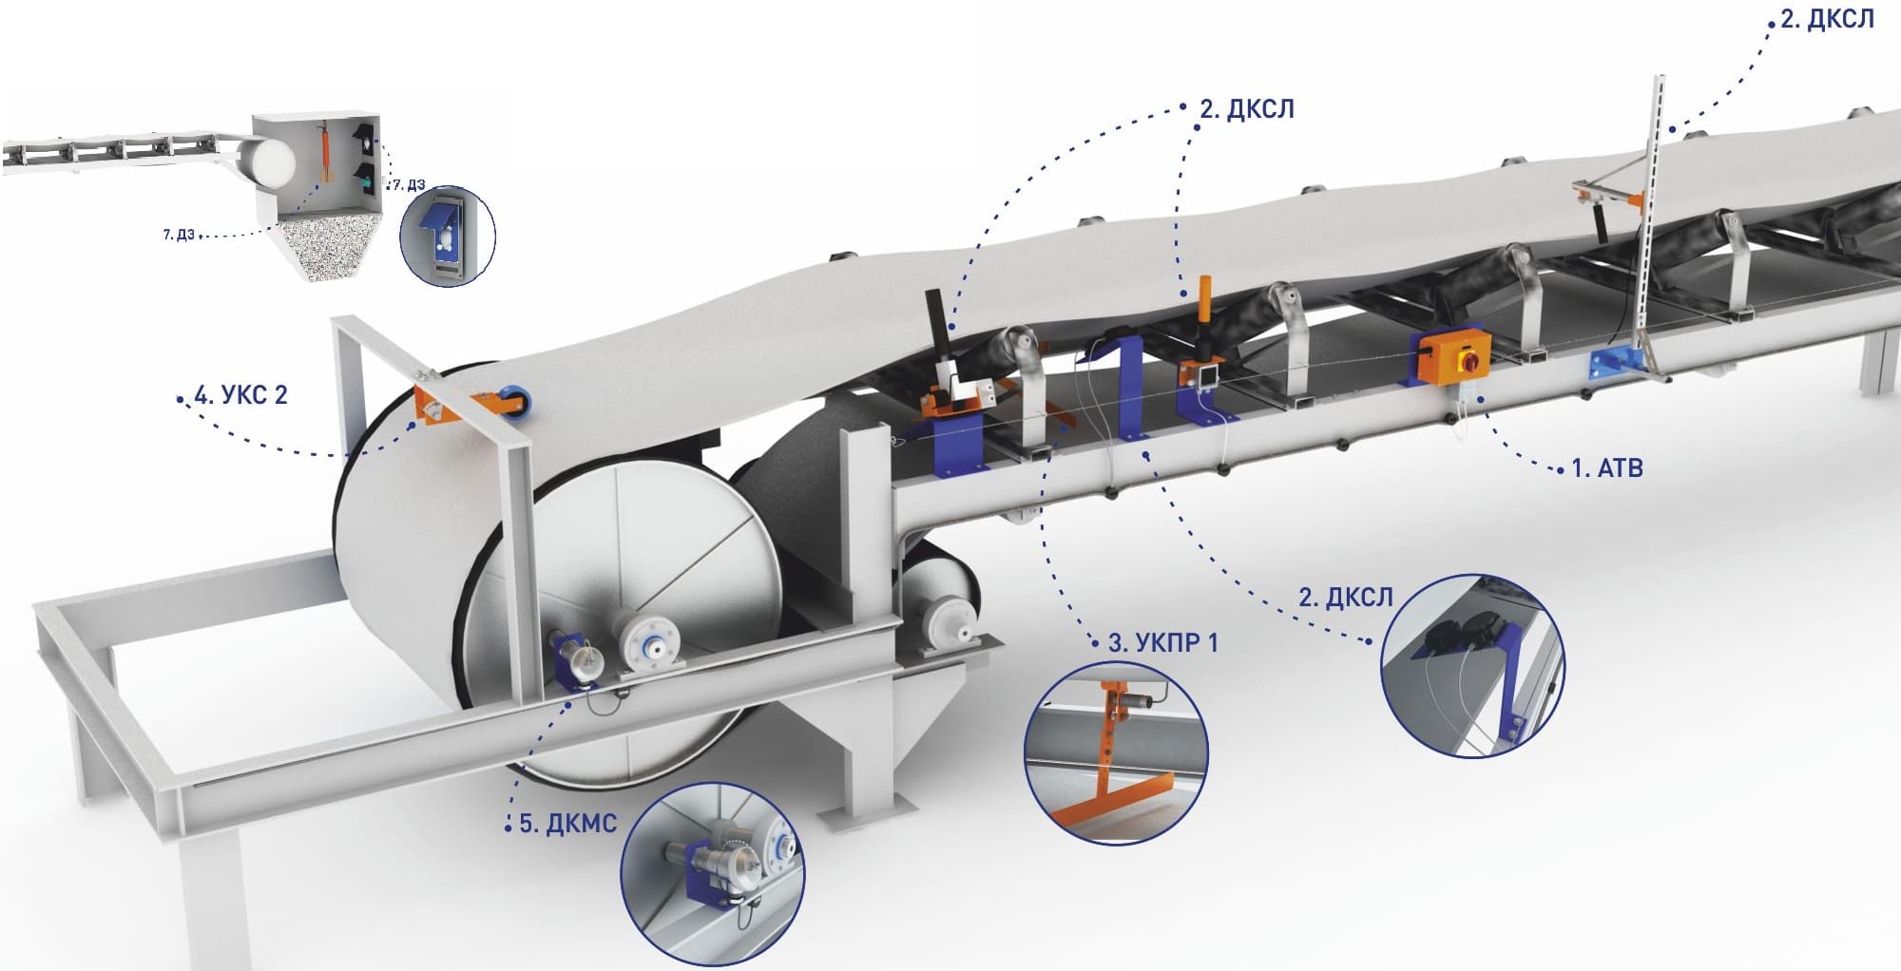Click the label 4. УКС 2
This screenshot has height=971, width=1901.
point(240,394)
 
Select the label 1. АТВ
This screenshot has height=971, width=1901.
point(1607,467)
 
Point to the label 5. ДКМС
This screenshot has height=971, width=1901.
point(567,824)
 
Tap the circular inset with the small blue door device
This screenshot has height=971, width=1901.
point(448,237)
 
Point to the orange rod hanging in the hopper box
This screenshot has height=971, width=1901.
point(324,149)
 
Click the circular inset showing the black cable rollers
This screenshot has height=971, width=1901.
point(1471,665)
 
